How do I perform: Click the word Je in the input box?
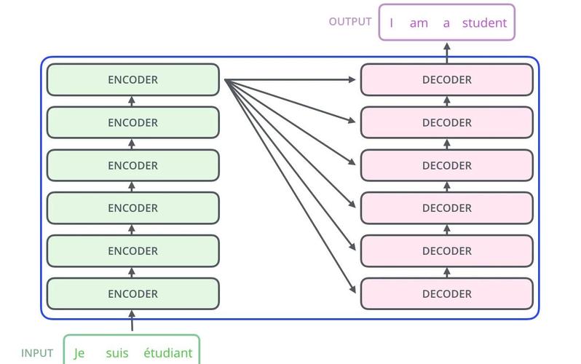(79, 353)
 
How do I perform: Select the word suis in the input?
(117, 353)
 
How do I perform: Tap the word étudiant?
(168, 352)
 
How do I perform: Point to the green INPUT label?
(37, 353)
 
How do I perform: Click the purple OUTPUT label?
(350, 22)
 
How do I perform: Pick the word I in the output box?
(391, 23)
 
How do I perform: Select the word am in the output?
(419, 23)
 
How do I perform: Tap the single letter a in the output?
(446, 23)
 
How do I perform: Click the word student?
(484, 23)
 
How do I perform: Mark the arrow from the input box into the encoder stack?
(132, 320)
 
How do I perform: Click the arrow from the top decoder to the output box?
(447, 52)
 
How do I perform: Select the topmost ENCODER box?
(133, 79)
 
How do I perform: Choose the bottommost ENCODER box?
(133, 293)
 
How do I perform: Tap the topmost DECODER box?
(447, 79)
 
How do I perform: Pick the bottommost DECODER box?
(447, 293)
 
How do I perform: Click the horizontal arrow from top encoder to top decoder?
(290, 79)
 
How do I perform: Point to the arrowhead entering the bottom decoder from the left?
(352, 289)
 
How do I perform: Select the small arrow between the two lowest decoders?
(447, 272)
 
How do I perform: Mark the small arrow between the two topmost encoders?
(132, 101)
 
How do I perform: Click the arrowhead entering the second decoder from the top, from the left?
(352, 119)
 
